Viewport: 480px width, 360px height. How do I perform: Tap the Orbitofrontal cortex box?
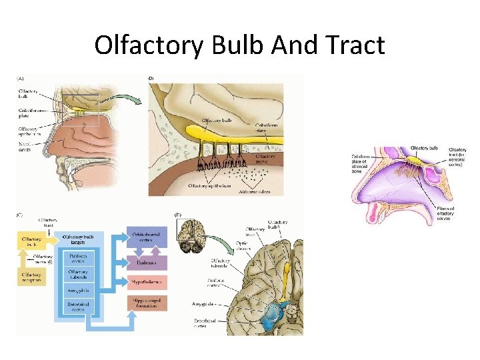pos(147,238)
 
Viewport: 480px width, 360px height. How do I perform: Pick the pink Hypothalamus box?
pos(147,283)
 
